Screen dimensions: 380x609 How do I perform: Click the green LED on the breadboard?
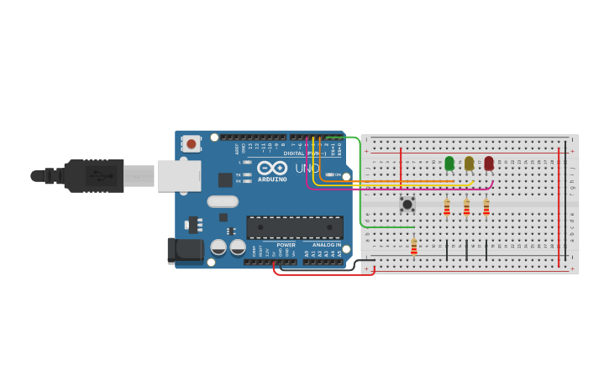pos(449,163)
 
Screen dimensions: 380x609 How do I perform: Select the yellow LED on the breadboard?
pos(469,163)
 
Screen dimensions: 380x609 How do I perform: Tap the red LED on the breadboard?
pos(489,163)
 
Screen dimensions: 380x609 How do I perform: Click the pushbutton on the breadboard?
pos(407,204)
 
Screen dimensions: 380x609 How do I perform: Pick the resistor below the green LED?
pos(447,206)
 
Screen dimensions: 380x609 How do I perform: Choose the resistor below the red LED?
pos(486,206)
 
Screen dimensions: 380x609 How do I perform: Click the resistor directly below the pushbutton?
pos(414,246)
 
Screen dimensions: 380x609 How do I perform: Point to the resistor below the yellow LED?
pos(467,206)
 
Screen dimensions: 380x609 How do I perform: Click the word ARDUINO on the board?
pos(272,179)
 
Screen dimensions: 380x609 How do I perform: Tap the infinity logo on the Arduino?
pos(272,168)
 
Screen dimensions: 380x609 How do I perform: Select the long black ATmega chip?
pos(295,227)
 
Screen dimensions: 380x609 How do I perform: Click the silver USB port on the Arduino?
pos(179,176)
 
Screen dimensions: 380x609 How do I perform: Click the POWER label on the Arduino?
pos(286,245)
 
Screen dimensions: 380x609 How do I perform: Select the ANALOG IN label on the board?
pos(327,245)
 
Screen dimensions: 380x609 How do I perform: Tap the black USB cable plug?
pos(96,176)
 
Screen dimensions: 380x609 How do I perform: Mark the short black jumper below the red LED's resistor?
pos(486,249)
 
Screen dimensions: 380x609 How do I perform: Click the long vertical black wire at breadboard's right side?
pos(565,206)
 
